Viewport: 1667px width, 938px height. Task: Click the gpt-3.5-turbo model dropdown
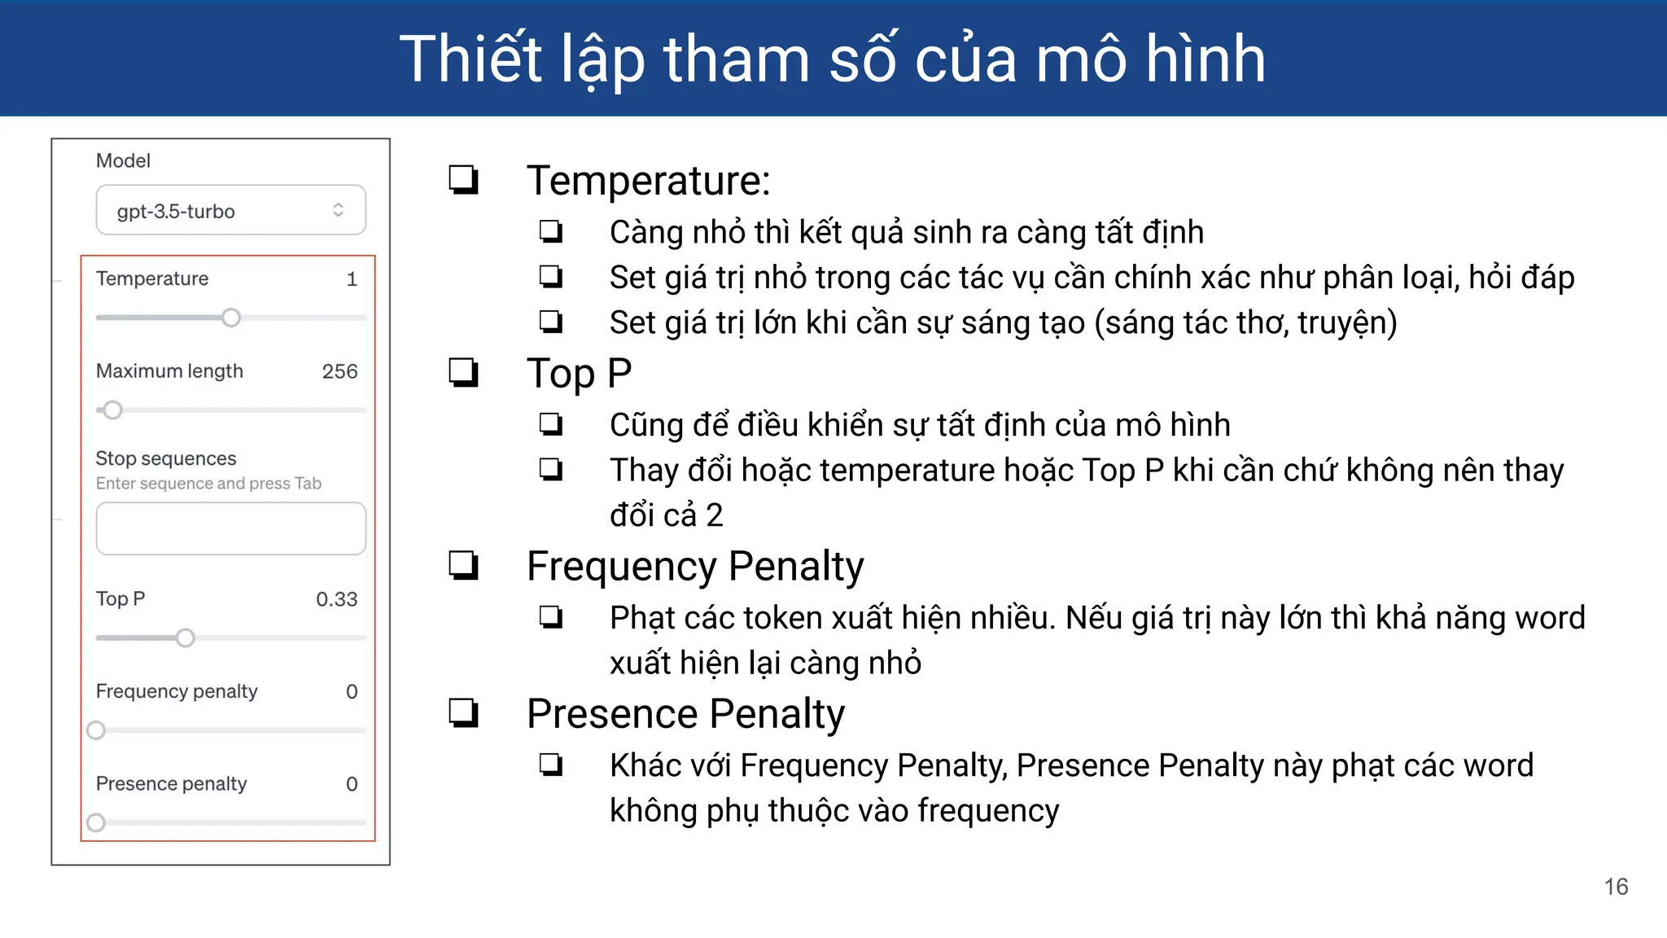230,211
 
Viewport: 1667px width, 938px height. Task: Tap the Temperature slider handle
231,318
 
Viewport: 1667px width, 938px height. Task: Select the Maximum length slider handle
113,410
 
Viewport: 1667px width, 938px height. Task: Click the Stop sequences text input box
230,528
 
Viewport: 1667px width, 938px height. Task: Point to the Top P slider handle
186,638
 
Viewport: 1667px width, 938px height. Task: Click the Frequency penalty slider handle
96,730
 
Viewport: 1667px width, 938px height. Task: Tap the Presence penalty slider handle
96,822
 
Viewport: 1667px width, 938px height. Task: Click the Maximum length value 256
339,371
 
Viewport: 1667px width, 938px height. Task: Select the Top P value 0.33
336,599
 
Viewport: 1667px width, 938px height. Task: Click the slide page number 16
1616,887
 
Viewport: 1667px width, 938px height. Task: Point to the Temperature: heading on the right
648,180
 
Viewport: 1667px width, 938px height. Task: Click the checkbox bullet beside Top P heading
464,373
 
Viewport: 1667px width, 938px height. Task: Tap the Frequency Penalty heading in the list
695,566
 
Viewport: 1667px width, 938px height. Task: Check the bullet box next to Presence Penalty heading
464,713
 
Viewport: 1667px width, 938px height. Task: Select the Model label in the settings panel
123,160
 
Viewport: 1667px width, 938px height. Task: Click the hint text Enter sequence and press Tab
208,484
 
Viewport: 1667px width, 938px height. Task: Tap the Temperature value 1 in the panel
352,279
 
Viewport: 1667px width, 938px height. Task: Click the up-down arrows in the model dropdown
338,210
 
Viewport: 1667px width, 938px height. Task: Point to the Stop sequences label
166,458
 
